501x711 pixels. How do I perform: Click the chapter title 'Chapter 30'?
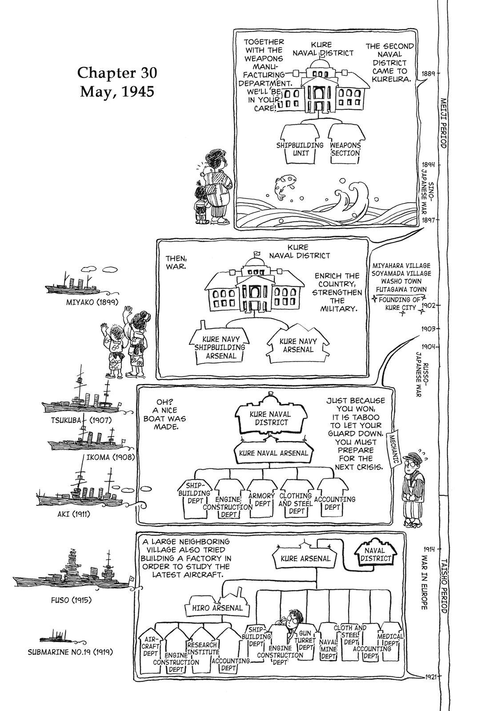117,72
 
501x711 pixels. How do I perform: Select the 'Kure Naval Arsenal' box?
273,453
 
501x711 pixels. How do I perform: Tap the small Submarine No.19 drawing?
56,638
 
